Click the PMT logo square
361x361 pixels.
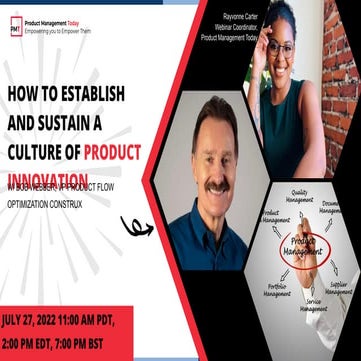pos(16,27)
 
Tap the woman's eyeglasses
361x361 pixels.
pos(281,47)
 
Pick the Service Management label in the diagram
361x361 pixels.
pos(314,305)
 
